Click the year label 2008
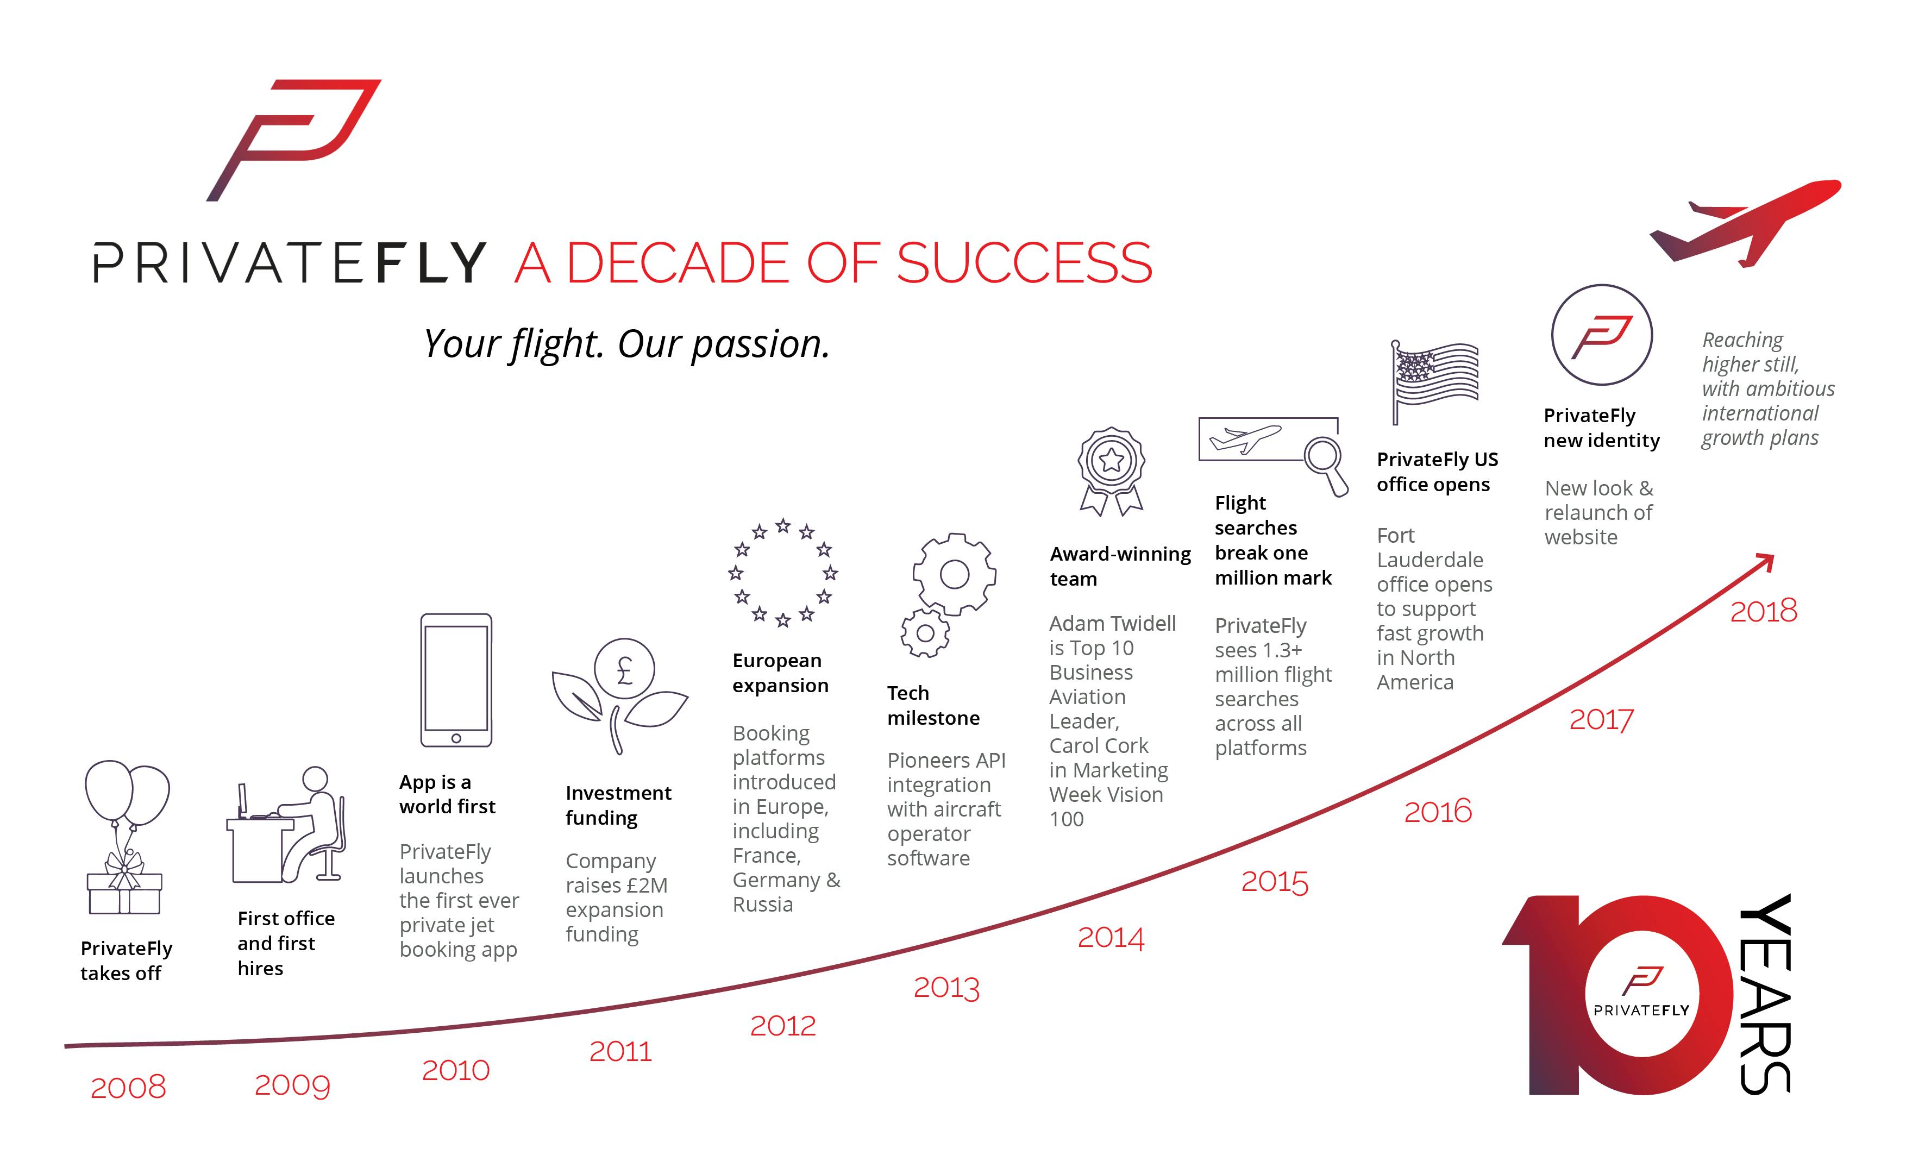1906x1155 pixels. [128, 1087]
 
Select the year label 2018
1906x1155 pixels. [1764, 611]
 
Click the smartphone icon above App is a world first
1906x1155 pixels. [456, 680]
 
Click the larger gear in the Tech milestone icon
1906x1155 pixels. [955, 574]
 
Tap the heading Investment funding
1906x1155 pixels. [618, 805]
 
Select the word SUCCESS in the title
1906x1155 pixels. [1024, 263]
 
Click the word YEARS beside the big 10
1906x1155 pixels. [1765, 995]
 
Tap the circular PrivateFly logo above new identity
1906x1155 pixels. [1602, 335]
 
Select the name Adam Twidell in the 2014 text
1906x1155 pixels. [1112, 624]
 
